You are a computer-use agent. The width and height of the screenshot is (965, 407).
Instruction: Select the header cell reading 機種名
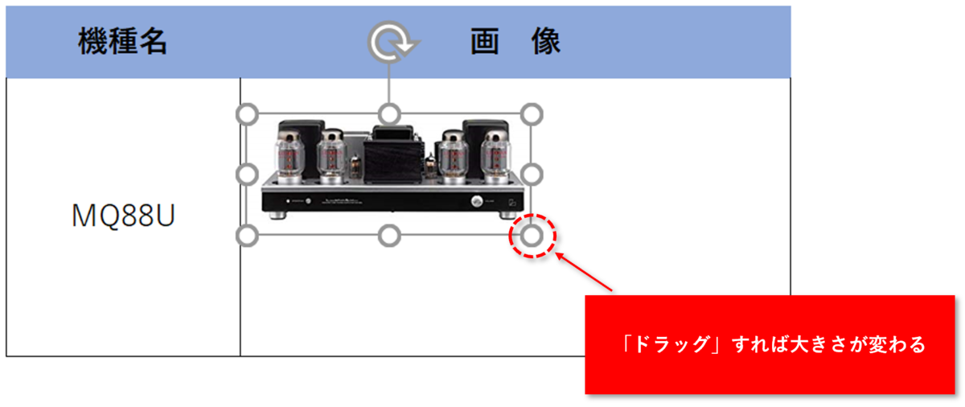coord(123,41)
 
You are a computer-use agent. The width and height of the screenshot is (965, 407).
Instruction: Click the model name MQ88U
coord(123,216)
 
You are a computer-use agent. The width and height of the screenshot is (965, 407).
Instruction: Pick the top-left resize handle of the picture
coord(248,113)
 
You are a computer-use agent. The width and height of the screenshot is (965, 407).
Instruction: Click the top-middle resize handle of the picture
coord(390,113)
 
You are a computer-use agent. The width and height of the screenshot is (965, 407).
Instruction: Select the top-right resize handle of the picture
coord(532,113)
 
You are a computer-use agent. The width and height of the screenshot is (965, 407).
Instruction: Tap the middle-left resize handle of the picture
coord(248,174)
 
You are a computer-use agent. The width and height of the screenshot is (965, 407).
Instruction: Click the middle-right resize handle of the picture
coord(532,174)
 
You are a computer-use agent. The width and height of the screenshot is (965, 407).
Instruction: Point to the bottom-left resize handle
coord(248,235)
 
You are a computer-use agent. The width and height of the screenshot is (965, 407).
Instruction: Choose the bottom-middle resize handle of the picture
coord(390,235)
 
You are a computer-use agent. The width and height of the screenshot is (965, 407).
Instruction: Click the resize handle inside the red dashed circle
coord(532,235)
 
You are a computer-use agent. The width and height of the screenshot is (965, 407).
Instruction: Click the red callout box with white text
coord(770,345)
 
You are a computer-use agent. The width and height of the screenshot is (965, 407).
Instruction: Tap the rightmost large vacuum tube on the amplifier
coord(495,153)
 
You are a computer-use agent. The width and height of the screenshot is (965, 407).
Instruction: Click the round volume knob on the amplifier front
coord(477,202)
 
